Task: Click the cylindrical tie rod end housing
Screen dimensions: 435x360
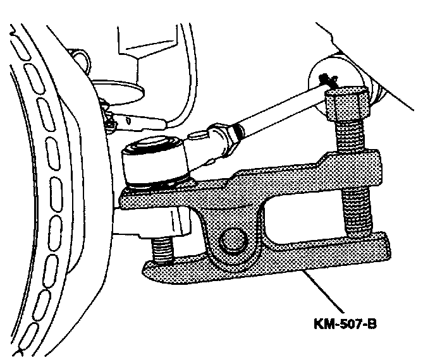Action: [x=155, y=164]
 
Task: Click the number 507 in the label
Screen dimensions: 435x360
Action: [x=346, y=325]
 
